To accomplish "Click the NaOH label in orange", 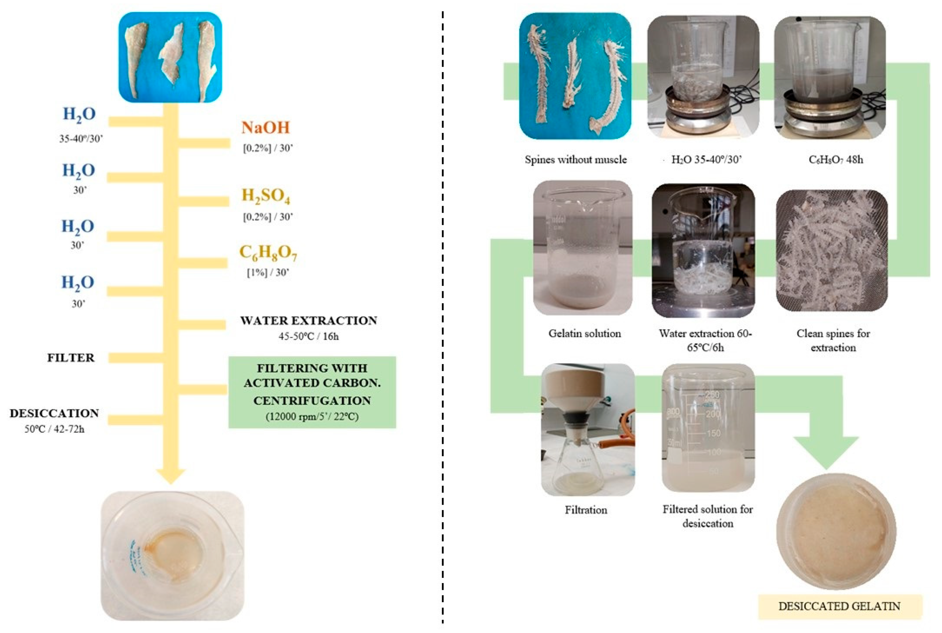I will pyautogui.click(x=266, y=128).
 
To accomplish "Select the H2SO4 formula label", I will pyautogui.click(x=266, y=196).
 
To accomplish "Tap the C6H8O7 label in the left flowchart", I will pyautogui.click(x=268, y=253).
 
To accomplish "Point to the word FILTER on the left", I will pyautogui.click(x=71, y=358).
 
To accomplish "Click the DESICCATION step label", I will pyautogui.click(x=55, y=413).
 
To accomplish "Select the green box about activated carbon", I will pyautogui.click(x=312, y=392).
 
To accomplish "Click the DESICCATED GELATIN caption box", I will pyautogui.click(x=839, y=606).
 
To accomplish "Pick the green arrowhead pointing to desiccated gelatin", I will pyautogui.click(x=826, y=452).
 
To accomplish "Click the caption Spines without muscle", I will pyautogui.click(x=575, y=160).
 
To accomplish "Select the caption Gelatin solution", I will pyautogui.click(x=584, y=334).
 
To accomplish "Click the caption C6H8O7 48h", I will pyautogui.click(x=835, y=160).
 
